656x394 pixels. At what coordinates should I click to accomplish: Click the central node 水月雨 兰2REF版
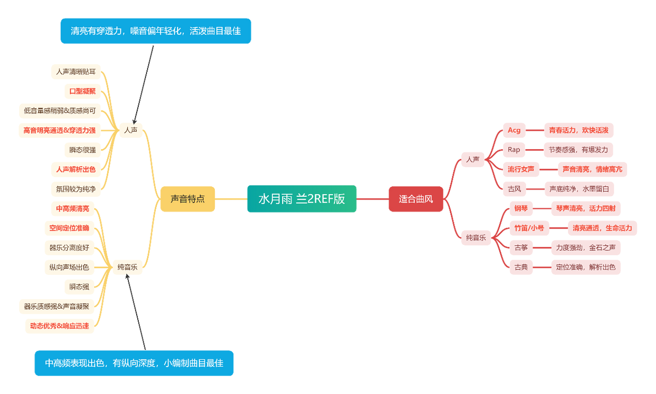[x=302, y=199]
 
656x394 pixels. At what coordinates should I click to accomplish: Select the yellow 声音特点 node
[x=188, y=199]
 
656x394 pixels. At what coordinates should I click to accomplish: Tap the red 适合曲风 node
[x=415, y=199]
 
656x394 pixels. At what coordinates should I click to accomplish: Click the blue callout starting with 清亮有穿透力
[x=156, y=31]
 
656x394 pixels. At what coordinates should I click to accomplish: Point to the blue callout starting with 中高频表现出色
[x=134, y=363]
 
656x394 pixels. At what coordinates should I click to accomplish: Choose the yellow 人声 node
[x=131, y=130]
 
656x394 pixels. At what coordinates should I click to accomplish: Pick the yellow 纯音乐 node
[x=127, y=268]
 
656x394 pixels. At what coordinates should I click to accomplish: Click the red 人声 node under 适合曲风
[x=473, y=160]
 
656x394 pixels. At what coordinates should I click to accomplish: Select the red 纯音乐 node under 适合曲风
[x=476, y=238]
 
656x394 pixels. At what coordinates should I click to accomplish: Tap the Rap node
[x=514, y=149]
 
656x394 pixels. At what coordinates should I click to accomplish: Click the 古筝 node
[x=520, y=248]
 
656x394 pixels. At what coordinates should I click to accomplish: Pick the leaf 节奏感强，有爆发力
[x=578, y=149]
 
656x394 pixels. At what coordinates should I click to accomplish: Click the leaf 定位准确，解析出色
[x=585, y=267]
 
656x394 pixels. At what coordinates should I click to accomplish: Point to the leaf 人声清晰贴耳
[x=76, y=72]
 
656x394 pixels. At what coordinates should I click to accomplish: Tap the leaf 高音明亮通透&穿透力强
[x=60, y=131]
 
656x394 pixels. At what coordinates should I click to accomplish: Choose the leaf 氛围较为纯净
[x=75, y=189]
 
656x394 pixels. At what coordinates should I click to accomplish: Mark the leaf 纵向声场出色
[x=69, y=267]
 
